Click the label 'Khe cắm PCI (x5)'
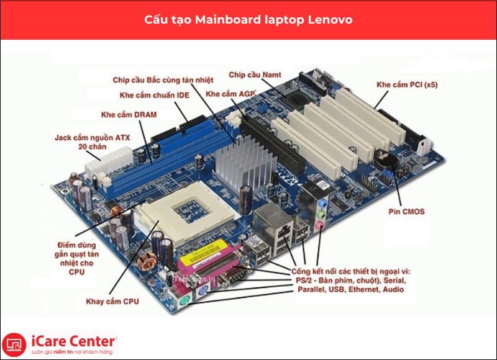tap(407, 84)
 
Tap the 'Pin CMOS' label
tap(406, 211)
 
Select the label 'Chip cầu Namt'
tap(255, 74)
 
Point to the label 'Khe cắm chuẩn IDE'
tap(154, 96)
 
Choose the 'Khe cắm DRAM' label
tap(129, 115)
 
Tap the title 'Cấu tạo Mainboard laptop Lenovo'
tap(248, 20)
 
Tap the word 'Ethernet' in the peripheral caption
tap(364, 289)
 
